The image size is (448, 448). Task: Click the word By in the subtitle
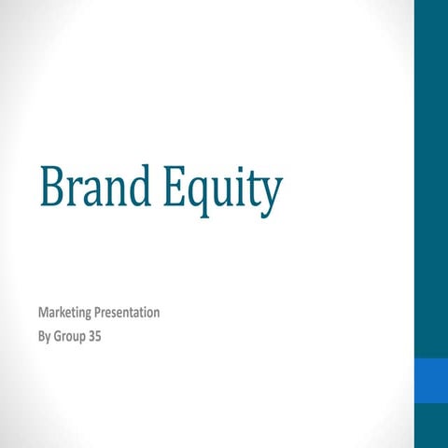[45, 333]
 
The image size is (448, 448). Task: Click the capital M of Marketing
[43, 313]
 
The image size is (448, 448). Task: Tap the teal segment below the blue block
[430, 426]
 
